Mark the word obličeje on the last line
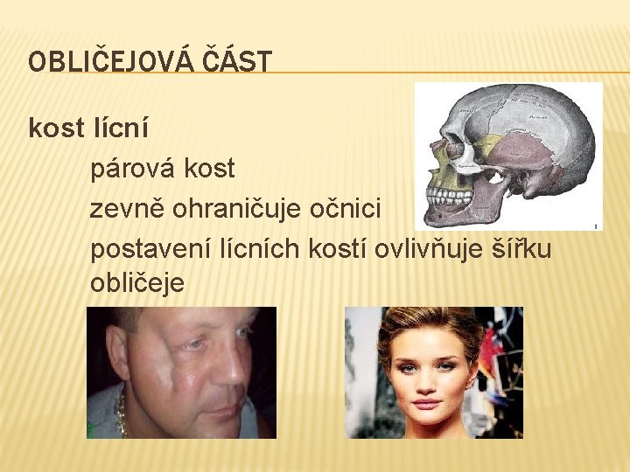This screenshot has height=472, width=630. tap(136, 281)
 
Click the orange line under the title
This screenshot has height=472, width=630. tap(350, 72)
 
